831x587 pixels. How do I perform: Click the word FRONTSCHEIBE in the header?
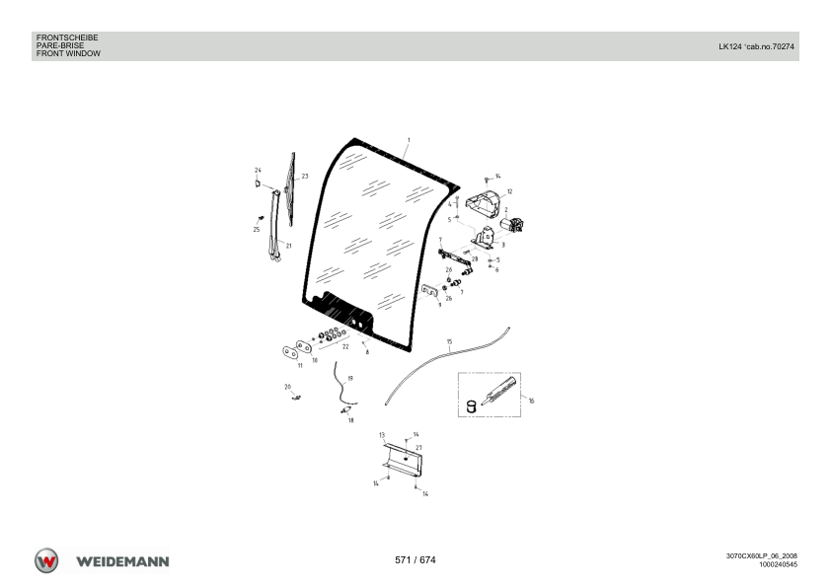pyautogui.click(x=67, y=37)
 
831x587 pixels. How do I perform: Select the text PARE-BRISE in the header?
pyautogui.click(x=60, y=45)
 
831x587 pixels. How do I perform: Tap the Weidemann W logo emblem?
pyautogui.click(x=46, y=560)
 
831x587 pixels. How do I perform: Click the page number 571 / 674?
pyautogui.click(x=415, y=560)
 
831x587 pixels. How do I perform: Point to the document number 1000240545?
pyautogui.click(x=778, y=564)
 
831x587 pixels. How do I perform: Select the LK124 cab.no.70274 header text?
pyautogui.click(x=756, y=46)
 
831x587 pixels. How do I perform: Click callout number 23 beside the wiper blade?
pyautogui.click(x=305, y=177)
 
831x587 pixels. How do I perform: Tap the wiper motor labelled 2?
pyautogui.click(x=512, y=224)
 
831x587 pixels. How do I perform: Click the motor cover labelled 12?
pyautogui.click(x=483, y=204)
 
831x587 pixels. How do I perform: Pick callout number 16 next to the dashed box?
pyautogui.click(x=531, y=402)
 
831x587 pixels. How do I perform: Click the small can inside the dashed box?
pyautogui.click(x=471, y=406)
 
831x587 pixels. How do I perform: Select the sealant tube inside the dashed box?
pyautogui.click(x=498, y=391)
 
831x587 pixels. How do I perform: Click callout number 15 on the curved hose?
pyautogui.click(x=449, y=341)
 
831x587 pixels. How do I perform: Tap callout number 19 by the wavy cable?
pyautogui.click(x=349, y=379)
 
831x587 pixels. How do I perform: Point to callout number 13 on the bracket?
pyautogui.click(x=382, y=435)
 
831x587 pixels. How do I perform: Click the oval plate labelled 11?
pyautogui.click(x=289, y=352)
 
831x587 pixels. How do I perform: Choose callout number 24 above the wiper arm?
pyautogui.click(x=258, y=170)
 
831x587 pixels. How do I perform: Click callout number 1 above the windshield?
pyautogui.click(x=409, y=140)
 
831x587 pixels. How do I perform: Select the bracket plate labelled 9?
pyautogui.click(x=429, y=291)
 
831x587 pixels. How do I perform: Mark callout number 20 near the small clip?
pyautogui.click(x=288, y=388)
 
